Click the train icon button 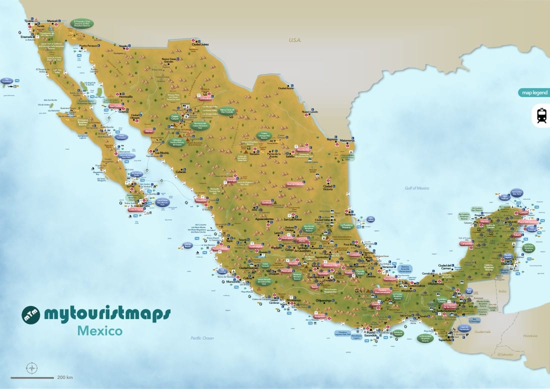pyautogui.click(x=540, y=115)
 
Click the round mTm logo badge pyautogui.click(x=30, y=315)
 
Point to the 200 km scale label pyautogui.click(x=65, y=377)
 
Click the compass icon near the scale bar pyautogui.click(x=32, y=368)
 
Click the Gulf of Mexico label pyautogui.click(x=417, y=188)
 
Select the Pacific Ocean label pyautogui.click(x=202, y=338)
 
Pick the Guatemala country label pyautogui.click(x=483, y=331)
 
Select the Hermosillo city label pyautogui.click(x=125, y=96)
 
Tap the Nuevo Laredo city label pyautogui.click(x=309, y=112)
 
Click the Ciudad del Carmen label pyautogui.click(x=445, y=265)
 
